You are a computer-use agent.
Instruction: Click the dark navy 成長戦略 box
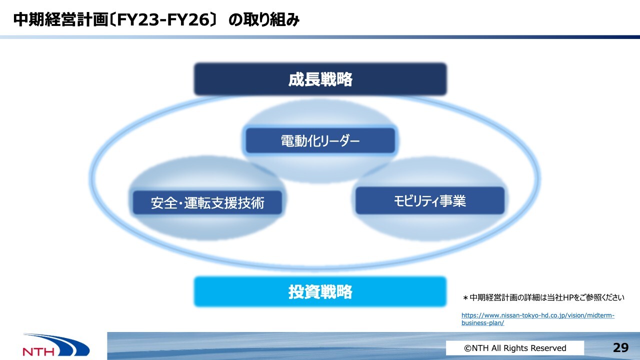(x=320, y=79)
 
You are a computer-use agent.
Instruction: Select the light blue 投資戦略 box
(x=320, y=291)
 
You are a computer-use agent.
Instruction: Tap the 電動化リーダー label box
(x=320, y=140)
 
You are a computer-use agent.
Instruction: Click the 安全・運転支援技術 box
(x=207, y=202)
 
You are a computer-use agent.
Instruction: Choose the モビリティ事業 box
(x=430, y=200)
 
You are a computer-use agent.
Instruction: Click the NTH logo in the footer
(x=56, y=345)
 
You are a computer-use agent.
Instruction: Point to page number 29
(x=620, y=347)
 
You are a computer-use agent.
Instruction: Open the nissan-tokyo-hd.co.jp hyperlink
(x=537, y=319)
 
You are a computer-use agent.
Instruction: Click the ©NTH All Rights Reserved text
(x=515, y=348)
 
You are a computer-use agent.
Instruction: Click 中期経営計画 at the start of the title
(x=60, y=19)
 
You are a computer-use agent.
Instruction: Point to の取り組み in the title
(x=263, y=20)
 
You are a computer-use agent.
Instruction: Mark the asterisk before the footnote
(x=465, y=298)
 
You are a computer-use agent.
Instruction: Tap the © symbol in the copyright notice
(x=467, y=348)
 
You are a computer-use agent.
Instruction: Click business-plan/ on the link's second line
(x=483, y=323)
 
